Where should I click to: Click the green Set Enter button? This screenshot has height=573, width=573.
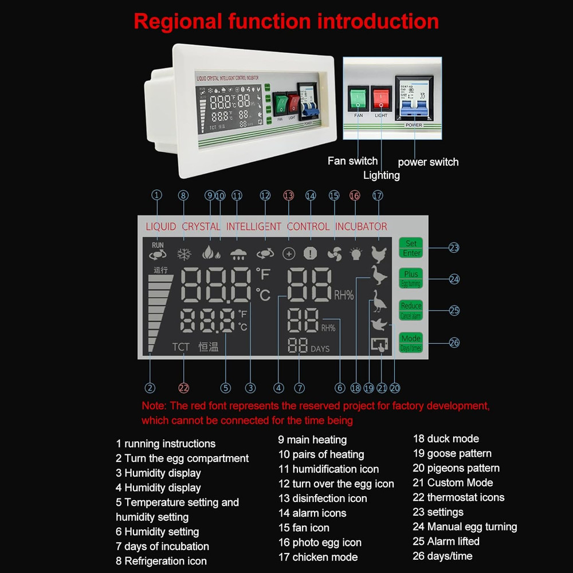[x=411, y=248]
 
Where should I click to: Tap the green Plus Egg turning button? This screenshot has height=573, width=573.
[x=411, y=279]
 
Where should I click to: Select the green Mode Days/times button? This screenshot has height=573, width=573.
[x=411, y=343]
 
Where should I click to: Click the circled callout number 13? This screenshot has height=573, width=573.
[x=288, y=195]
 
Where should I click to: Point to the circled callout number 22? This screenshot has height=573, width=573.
[x=183, y=388]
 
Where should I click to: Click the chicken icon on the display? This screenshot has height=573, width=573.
[x=379, y=253]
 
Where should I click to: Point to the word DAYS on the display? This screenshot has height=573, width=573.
[x=320, y=349]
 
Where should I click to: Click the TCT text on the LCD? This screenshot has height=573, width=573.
[x=181, y=347]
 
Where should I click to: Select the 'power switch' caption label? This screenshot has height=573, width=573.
[x=428, y=162]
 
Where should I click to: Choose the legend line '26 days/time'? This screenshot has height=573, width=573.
[x=442, y=556]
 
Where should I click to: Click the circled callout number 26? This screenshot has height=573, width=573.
[x=454, y=343]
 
